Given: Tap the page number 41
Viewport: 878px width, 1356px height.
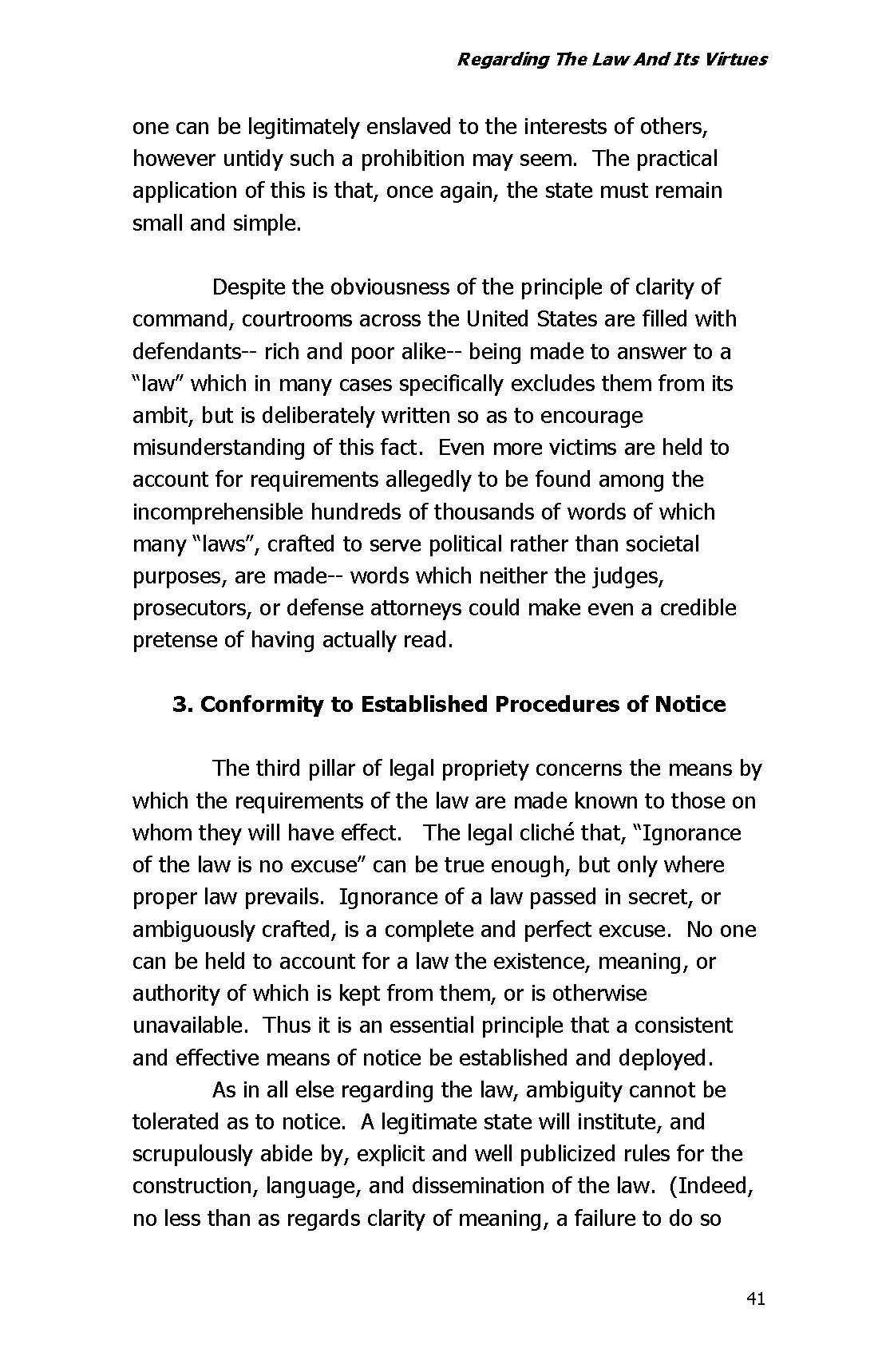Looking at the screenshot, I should point(755,1299).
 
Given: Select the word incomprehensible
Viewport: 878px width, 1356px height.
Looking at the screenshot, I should point(218,512).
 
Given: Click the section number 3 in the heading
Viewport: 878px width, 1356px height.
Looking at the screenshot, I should point(180,705).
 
